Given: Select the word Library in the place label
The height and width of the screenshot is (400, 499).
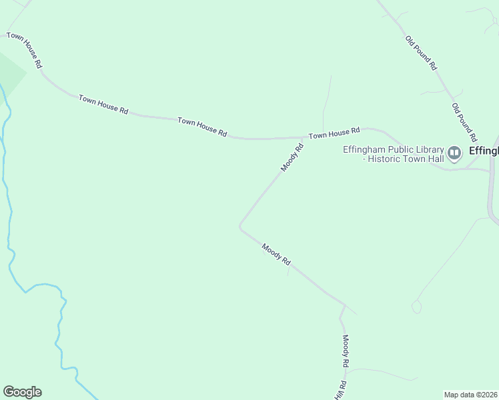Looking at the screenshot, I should pos(430,149).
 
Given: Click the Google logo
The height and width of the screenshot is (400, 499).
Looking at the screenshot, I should pos(22,392).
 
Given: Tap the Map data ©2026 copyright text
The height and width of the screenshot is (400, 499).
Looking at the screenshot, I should pos(471,395).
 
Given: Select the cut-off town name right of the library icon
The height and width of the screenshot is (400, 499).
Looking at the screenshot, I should pos(484,151).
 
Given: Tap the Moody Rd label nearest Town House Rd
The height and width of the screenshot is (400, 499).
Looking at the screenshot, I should pos(292,157).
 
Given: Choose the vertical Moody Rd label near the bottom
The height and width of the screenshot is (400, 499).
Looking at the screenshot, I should pos(346,351).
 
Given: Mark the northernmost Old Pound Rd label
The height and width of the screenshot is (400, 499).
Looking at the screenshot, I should pos(421,53).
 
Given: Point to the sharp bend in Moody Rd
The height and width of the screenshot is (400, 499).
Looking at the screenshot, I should pos(240,227).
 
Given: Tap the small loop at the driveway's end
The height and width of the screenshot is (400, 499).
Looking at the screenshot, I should pos(416,307).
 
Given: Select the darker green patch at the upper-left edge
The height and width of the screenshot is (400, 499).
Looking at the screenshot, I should pos(11,72).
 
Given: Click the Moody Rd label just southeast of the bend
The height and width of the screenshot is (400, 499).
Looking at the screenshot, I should pos(276,253).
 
